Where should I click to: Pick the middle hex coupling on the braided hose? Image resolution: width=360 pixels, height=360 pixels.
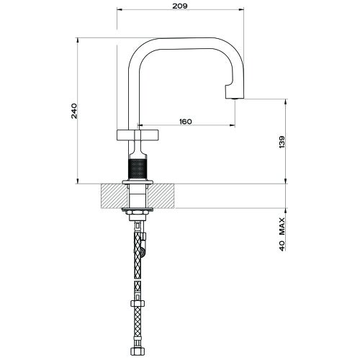(136, 297)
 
